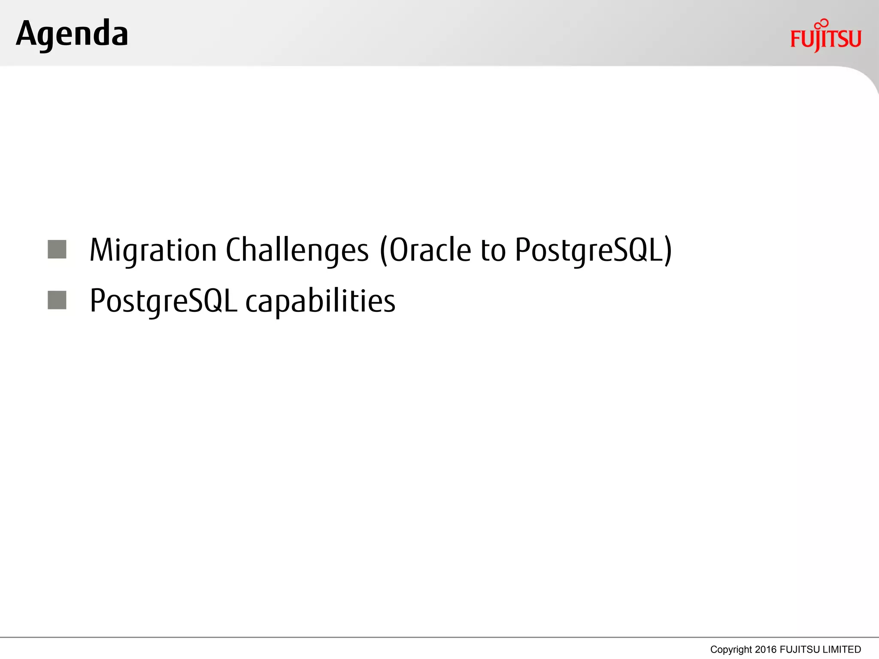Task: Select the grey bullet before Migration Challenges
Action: [57, 249]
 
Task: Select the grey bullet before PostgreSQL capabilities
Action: [57, 300]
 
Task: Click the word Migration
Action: [153, 250]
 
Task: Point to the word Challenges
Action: [297, 250]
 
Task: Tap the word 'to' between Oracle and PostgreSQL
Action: [493, 250]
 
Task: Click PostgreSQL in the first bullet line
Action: [589, 250]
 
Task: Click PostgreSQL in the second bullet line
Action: [163, 301]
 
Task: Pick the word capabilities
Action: [320, 301]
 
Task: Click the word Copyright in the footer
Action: [731, 650]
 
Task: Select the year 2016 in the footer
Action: [766, 650]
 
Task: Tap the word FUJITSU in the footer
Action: [800, 650]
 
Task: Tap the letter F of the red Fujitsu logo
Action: [796, 39]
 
